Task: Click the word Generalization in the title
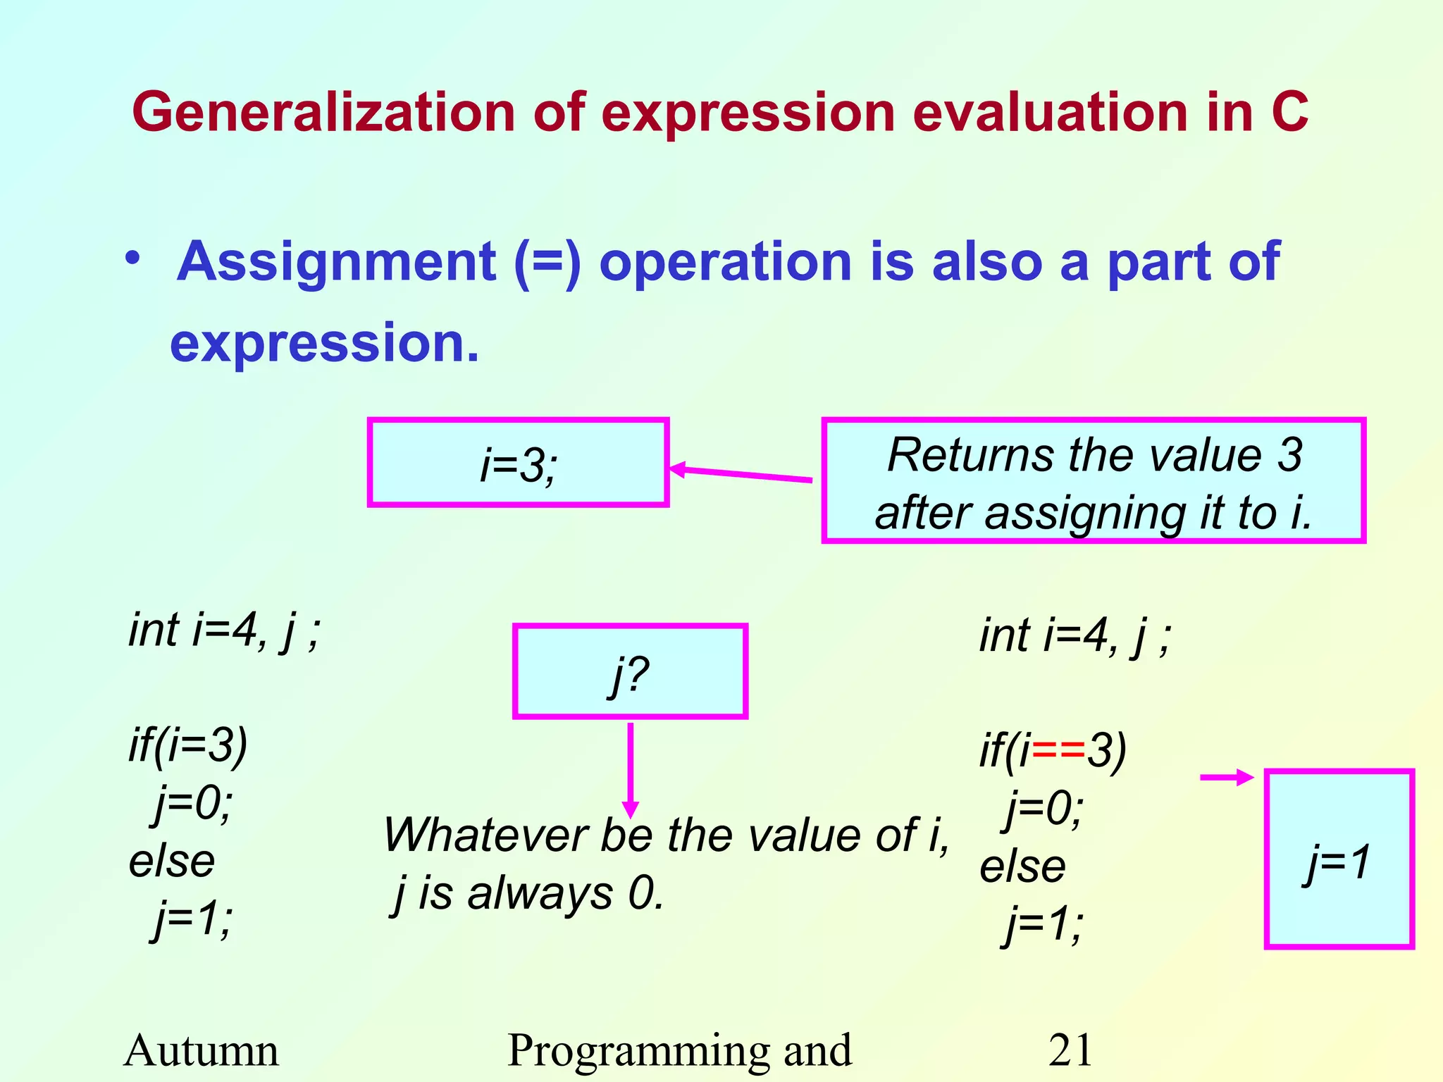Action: [x=323, y=113]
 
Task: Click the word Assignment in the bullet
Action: [x=337, y=262]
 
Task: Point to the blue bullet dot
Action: [x=132, y=259]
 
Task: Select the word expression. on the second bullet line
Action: [x=324, y=344]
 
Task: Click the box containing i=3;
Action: [x=518, y=463]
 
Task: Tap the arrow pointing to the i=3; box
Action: [x=740, y=474]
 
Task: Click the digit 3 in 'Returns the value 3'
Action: [x=1289, y=455]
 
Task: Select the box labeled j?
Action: [x=630, y=671]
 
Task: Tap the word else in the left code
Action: [x=172, y=861]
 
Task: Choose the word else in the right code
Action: [x=1022, y=866]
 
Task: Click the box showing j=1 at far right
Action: [x=1339, y=859]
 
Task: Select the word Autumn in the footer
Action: [x=202, y=1050]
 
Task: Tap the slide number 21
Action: [x=1070, y=1050]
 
